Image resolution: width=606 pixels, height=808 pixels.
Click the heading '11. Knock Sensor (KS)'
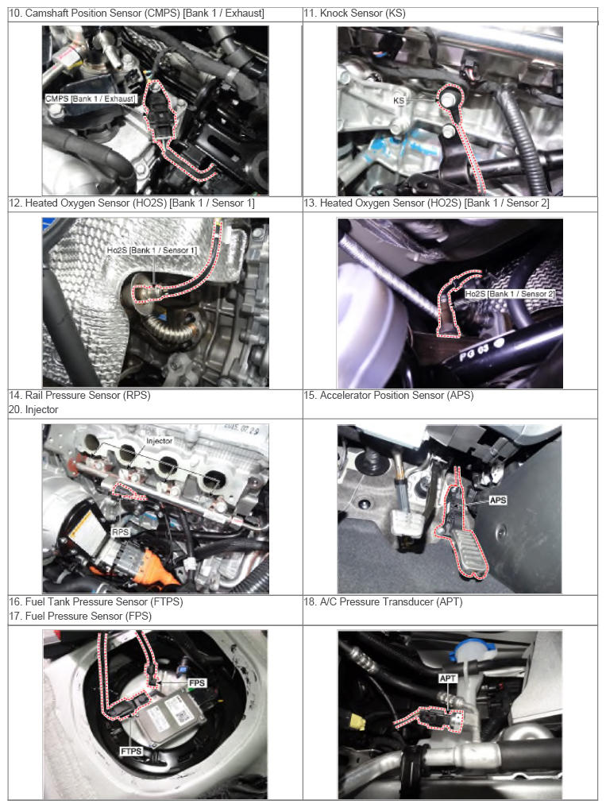coord(354,14)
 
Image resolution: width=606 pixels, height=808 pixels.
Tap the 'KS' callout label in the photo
coord(399,100)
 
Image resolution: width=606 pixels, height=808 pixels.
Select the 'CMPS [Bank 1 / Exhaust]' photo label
coord(91,99)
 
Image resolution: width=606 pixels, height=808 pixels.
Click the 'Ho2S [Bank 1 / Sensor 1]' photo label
coord(152,250)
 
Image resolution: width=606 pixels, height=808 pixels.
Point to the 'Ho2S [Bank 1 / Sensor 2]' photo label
coord(510,294)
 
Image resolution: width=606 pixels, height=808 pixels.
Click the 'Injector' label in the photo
coord(159,441)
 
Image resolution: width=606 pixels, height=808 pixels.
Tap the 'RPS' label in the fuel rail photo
coord(120,532)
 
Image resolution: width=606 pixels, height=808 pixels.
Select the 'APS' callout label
coord(498,500)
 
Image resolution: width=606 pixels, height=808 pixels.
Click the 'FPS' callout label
coord(197,682)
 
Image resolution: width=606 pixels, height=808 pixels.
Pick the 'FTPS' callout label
coord(131,752)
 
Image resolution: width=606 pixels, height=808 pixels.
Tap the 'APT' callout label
coord(447,678)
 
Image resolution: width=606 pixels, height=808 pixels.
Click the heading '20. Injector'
coord(33,410)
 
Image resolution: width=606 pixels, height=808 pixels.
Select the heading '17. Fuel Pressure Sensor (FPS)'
coord(80,616)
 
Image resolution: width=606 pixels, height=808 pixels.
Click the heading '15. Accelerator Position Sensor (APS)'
coord(388,395)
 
